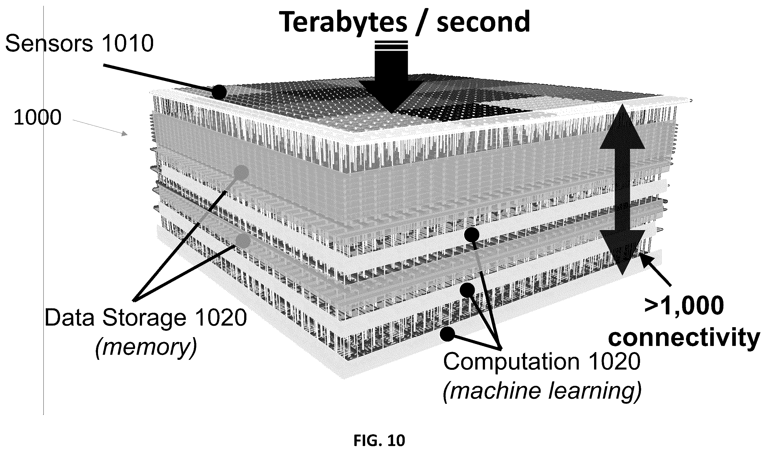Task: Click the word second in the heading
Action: point(483,22)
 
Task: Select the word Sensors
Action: point(49,43)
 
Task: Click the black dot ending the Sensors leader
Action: point(219,92)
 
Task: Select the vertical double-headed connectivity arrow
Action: point(622,189)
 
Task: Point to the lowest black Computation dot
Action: point(448,334)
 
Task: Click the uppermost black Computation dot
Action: point(472,235)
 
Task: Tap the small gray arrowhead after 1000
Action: point(125,134)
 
